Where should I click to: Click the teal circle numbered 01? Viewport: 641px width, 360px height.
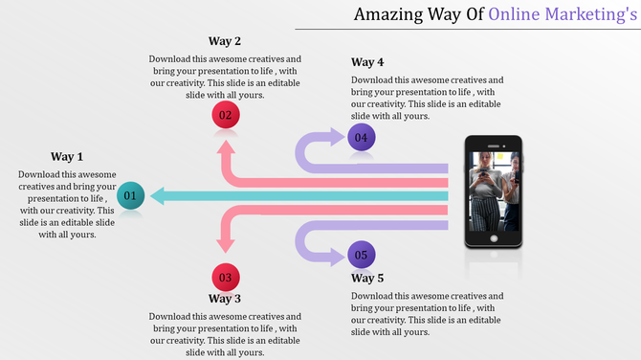[x=132, y=196]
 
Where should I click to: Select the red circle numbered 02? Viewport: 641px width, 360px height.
[x=226, y=117]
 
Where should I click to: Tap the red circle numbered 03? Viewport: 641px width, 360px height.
[x=226, y=278]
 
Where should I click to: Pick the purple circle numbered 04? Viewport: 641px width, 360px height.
[x=361, y=138]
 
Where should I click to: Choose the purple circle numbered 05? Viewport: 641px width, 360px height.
[x=361, y=256]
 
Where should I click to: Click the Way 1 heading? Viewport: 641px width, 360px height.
[x=67, y=157]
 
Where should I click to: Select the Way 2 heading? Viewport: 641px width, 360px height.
[x=225, y=41]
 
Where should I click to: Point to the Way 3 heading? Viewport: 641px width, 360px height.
[x=225, y=299]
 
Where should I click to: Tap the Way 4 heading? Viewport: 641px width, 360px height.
[x=367, y=63]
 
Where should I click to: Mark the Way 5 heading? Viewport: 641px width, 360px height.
[x=367, y=278]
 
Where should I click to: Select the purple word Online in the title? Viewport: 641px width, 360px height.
[x=517, y=13]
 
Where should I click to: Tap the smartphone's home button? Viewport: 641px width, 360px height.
[x=493, y=237]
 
